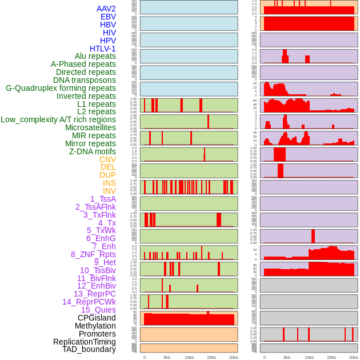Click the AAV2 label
click(106, 9)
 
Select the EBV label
click(108, 17)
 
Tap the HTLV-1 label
click(102, 49)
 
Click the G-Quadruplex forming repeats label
click(61, 88)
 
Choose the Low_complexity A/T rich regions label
click(58, 119)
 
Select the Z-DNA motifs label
click(93, 151)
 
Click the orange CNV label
click(107, 159)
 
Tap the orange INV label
click(109, 191)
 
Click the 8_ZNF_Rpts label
click(93, 254)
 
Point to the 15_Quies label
click(98, 310)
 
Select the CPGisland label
click(97, 318)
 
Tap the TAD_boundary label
click(89, 349)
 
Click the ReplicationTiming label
click(85, 342)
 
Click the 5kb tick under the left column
click(167, 357)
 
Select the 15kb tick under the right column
click(331, 357)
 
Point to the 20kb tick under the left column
click(234, 357)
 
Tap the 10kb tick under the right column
click(309, 357)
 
